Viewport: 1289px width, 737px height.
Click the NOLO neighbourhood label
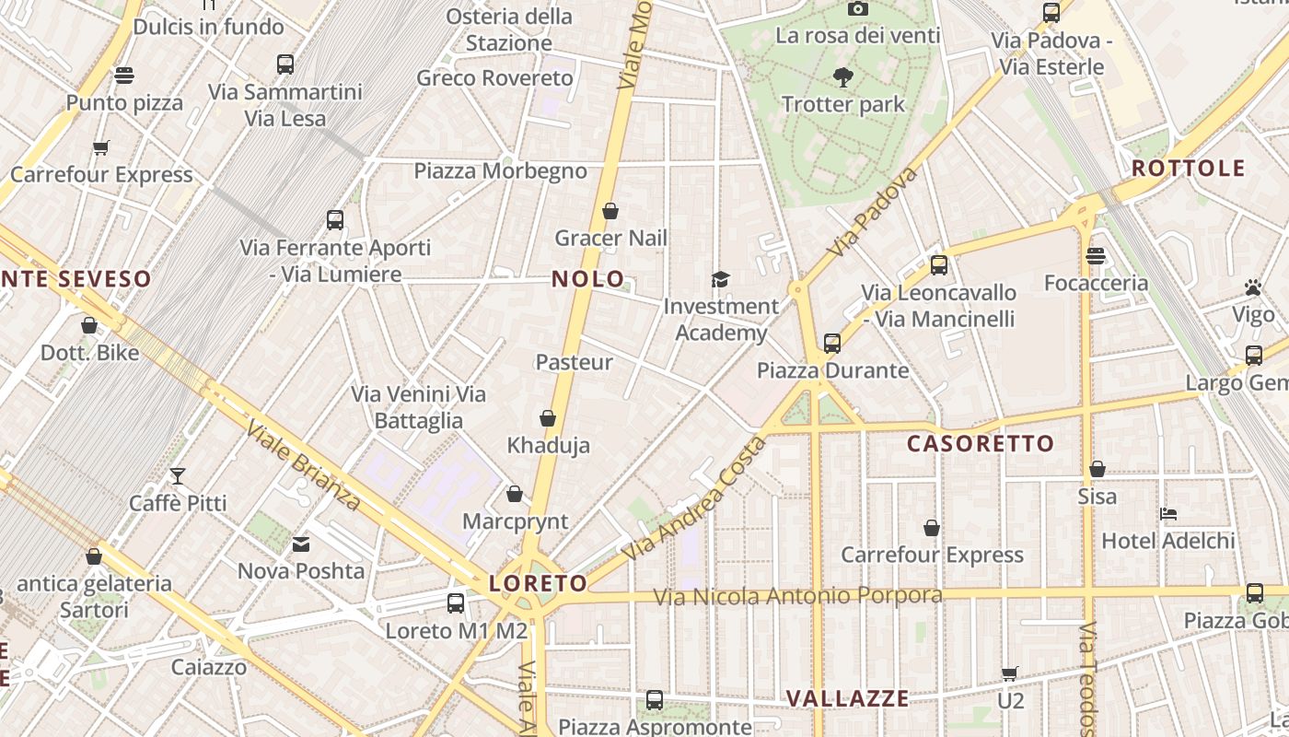pos(587,279)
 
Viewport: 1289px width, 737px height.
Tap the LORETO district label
pos(538,583)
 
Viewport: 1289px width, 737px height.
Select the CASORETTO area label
pos(981,444)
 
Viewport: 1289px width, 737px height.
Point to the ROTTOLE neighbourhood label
pos(1188,169)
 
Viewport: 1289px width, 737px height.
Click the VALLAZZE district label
pos(848,698)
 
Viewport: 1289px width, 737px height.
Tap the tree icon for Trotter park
pos(842,76)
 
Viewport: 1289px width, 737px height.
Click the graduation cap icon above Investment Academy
pos(720,279)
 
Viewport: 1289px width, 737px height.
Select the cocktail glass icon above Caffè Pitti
pos(178,476)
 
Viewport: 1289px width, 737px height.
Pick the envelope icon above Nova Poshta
pos(301,544)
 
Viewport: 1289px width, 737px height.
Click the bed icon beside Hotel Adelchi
pos(1169,514)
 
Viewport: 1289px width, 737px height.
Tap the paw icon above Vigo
pos(1253,288)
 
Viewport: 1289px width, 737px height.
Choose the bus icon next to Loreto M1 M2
pos(456,603)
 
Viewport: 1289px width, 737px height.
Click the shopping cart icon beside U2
pos(1010,674)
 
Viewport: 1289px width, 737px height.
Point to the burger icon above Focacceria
pos(1095,256)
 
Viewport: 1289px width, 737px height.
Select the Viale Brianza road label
pos(303,465)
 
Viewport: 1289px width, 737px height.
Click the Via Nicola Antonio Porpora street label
pos(797,596)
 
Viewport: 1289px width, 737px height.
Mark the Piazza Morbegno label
pos(500,171)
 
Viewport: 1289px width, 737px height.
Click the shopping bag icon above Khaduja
pos(548,419)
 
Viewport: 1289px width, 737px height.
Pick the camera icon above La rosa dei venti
pos(858,9)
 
